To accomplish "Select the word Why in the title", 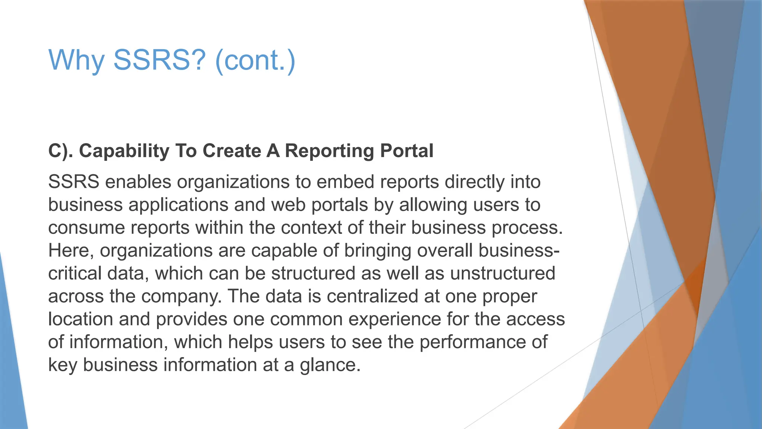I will click(76, 60).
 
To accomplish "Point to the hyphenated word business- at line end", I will click(519, 250).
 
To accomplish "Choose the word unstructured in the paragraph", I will click(503, 273).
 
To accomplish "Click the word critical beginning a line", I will click(74, 273).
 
